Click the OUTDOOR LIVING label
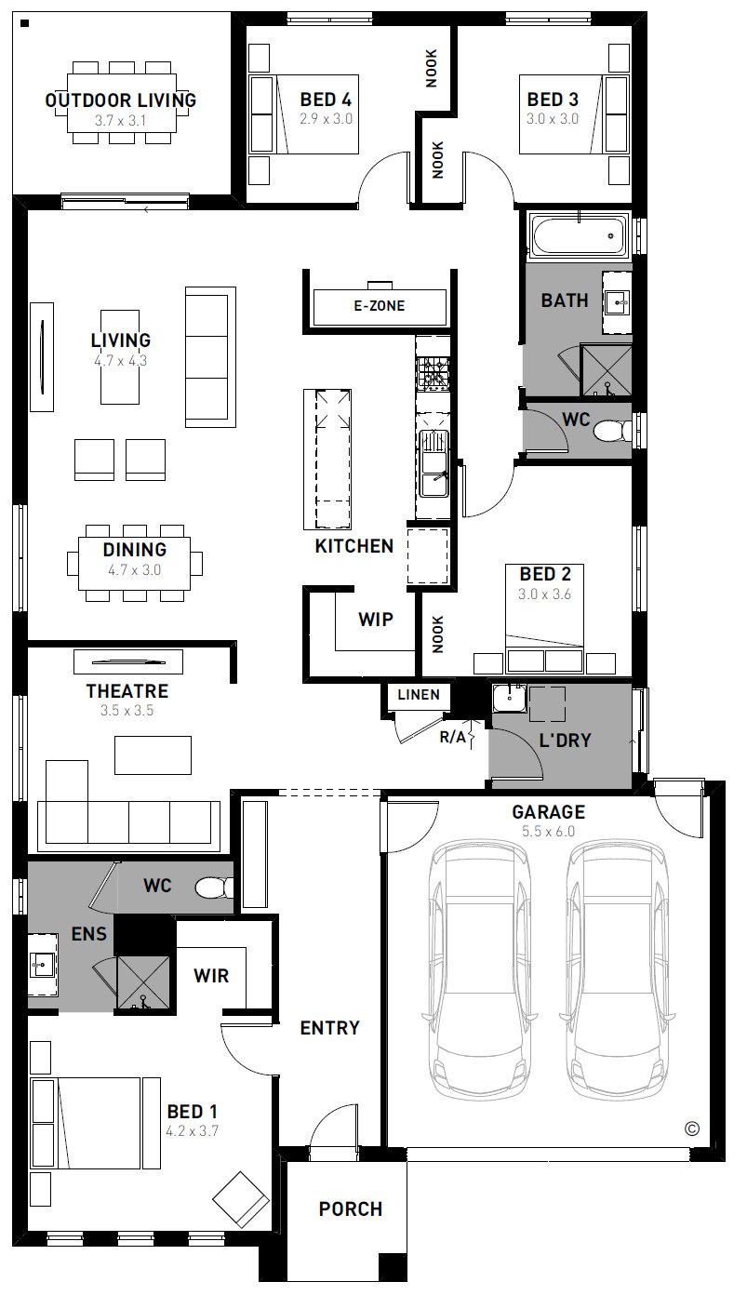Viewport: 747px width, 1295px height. point(121,100)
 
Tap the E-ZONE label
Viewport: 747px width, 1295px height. point(380,306)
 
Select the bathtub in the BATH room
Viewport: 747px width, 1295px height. point(579,235)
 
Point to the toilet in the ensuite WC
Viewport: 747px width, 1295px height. point(215,888)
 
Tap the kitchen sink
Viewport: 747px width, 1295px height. point(434,463)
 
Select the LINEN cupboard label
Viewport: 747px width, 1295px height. point(418,694)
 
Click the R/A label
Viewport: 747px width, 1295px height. point(453,737)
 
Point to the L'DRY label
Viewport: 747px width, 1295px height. point(565,741)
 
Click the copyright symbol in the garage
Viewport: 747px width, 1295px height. point(691,1128)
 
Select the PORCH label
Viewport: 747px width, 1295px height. point(351,1208)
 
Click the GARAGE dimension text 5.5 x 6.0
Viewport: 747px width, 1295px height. point(548,832)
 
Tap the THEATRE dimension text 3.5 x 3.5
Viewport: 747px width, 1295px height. point(127,711)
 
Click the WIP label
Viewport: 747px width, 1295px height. point(376,620)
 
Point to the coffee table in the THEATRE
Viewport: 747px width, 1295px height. point(153,755)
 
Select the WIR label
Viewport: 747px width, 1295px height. point(211,977)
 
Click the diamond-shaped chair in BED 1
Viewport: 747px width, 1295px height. point(241,1199)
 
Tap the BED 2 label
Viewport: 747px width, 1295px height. point(544,574)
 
